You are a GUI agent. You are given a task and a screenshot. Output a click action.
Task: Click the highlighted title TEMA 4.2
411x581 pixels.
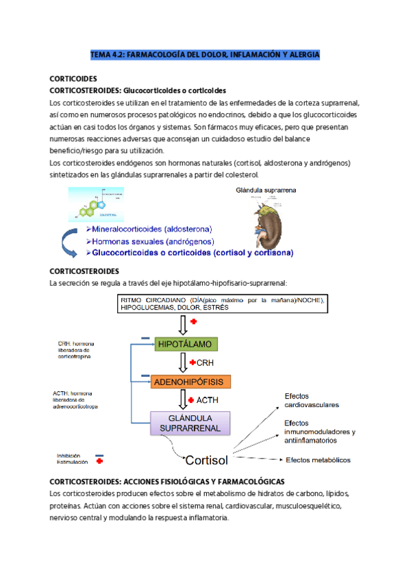point(205,53)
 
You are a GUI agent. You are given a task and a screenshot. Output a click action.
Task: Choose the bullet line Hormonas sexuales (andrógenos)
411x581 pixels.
point(150,241)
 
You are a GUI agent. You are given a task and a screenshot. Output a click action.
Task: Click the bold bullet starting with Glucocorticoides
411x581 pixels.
point(190,253)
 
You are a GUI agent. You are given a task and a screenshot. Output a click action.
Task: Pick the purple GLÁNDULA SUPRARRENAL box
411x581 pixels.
point(190,423)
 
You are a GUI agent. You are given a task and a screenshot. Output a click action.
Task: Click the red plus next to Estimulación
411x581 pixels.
point(100,462)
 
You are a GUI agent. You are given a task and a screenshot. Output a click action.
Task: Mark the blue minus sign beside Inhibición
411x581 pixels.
point(99,455)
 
